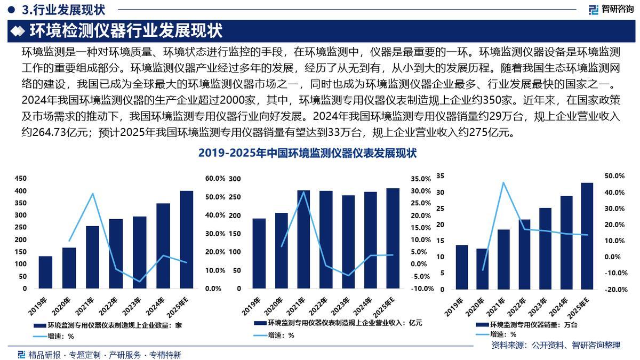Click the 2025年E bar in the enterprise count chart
pyautogui.click(x=186, y=239)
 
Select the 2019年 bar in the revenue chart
pyautogui.click(x=259, y=253)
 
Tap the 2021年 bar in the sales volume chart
pyautogui.click(x=503, y=259)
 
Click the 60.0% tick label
pyautogui.click(x=215, y=179)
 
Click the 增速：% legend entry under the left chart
pyautogui.click(x=53, y=336)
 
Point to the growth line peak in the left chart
pyautogui.click(x=93, y=194)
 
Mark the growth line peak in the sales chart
pyautogui.click(x=503, y=182)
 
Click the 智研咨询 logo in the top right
pyautogui.click(x=610, y=9)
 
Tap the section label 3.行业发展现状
pyautogui.click(x=64, y=9)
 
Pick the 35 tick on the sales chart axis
pyautogui.click(x=440, y=175)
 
